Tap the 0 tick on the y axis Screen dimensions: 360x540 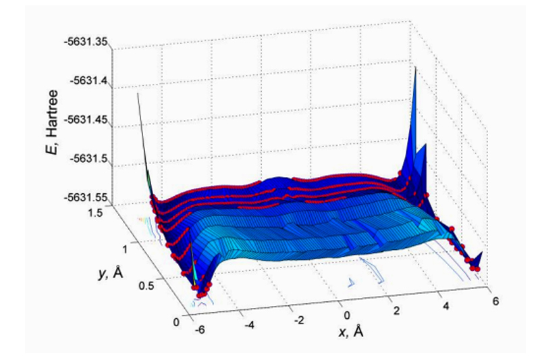[x=178, y=322]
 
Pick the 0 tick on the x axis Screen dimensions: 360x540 [x=348, y=314]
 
